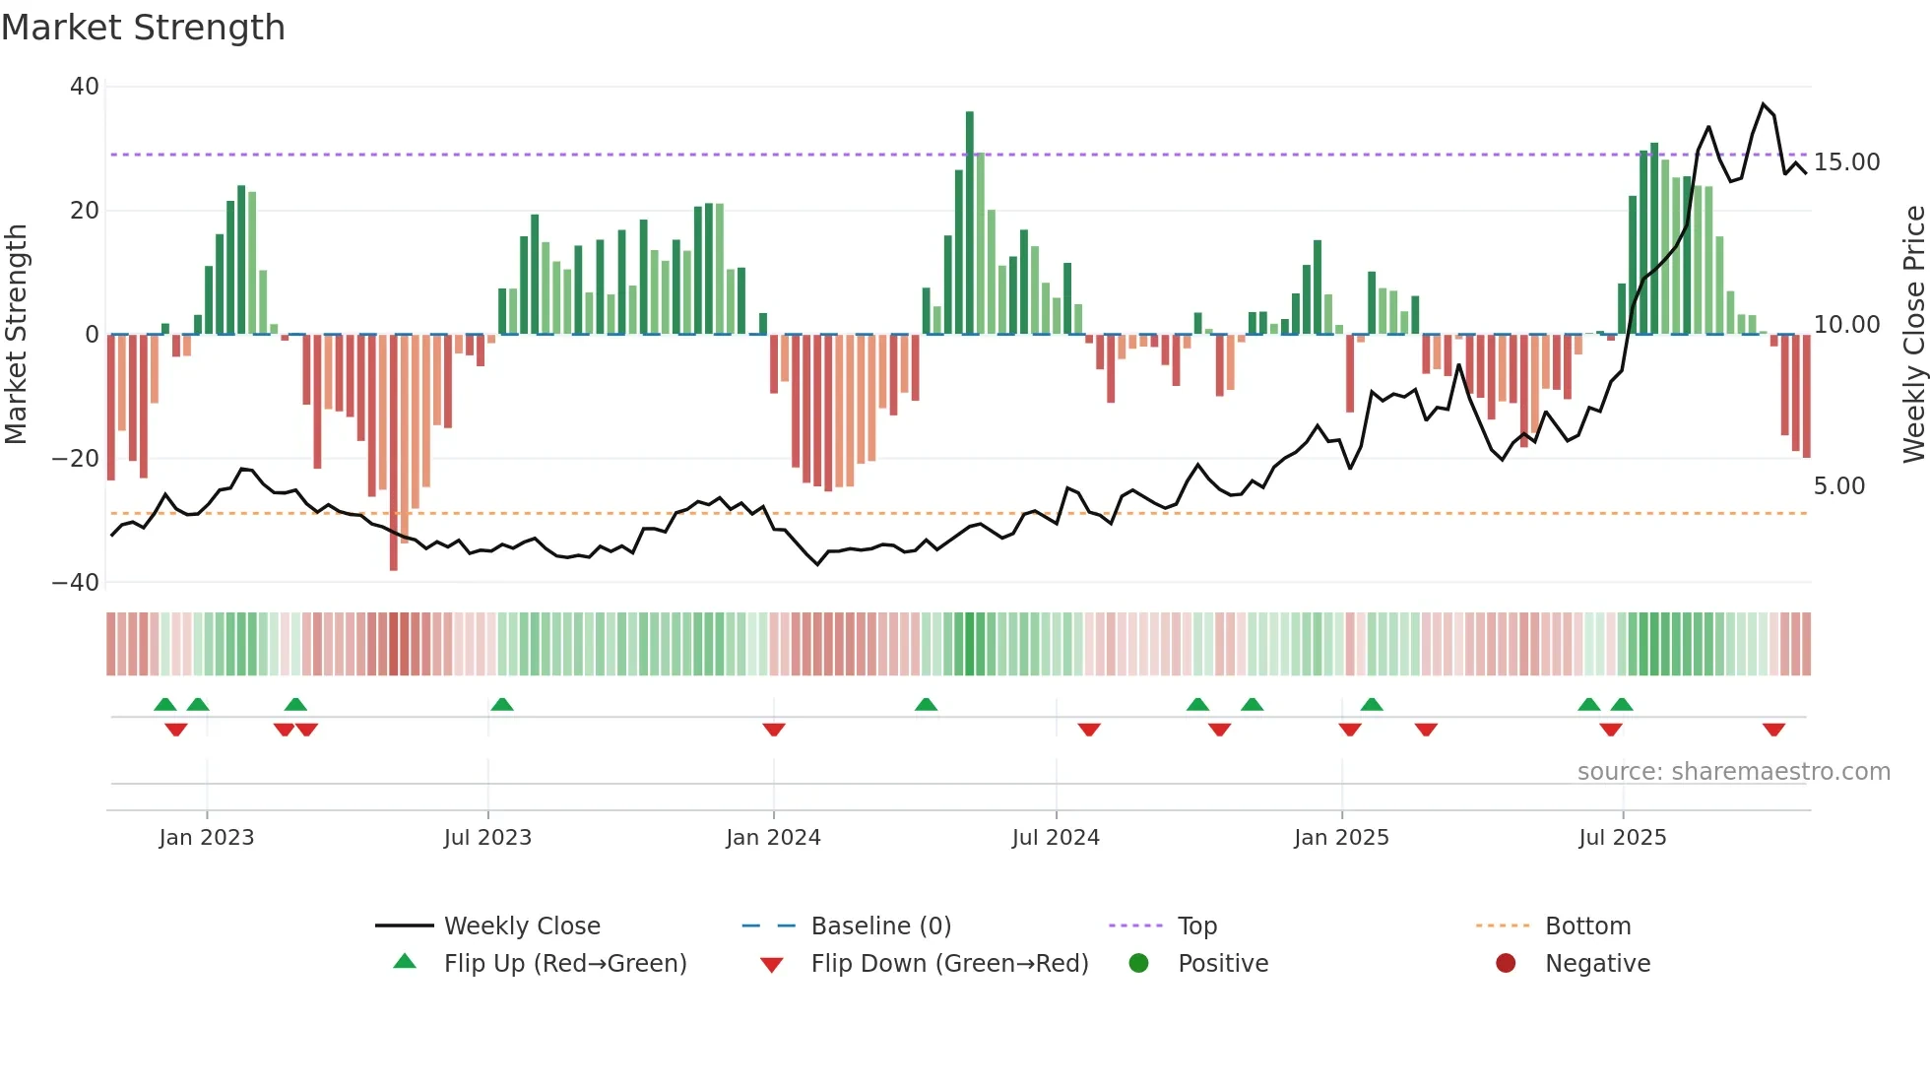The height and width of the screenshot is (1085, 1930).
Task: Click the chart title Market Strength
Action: [x=143, y=28]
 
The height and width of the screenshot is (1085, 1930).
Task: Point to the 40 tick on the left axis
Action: [x=84, y=87]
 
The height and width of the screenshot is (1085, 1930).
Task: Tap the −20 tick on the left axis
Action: [x=75, y=459]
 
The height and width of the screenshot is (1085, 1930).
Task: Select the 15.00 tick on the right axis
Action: [x=1846, y=162]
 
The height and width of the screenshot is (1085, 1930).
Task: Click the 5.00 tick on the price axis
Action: [x=1838, y=486]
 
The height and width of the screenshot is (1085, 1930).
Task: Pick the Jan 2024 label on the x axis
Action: [x=773, y=838]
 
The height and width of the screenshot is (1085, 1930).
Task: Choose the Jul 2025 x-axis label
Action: [x=1622, y=838]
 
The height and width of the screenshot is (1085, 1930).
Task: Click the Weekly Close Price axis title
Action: [x=1913, y=335]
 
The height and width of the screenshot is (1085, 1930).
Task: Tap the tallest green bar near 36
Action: [x=970, y=223]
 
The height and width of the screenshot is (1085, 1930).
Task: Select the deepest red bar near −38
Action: [x=394, y=453]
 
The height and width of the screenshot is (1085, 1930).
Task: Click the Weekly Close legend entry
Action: [x=521, y=926]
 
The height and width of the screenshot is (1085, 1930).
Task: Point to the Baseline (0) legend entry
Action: [x=880, y=926]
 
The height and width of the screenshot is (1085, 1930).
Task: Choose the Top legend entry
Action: [x=1196, y=926]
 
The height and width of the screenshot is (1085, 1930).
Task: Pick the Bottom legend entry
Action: [x=1587, y=926]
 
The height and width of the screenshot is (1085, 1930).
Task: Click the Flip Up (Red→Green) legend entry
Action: [x=564, y=964]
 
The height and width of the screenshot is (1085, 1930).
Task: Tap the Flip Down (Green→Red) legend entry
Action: [x=949, y=964]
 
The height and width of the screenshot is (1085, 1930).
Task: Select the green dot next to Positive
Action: [x=1139, y=964]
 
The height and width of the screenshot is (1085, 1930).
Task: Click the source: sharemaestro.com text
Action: [x=1733, y=772]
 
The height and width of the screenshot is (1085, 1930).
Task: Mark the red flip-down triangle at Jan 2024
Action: [x=774, y=730]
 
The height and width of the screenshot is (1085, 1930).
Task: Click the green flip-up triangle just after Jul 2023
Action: [x=502, y=704]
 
